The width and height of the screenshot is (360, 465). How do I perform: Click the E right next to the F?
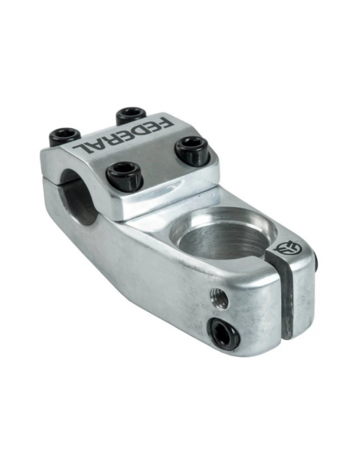tap(152, 127)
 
